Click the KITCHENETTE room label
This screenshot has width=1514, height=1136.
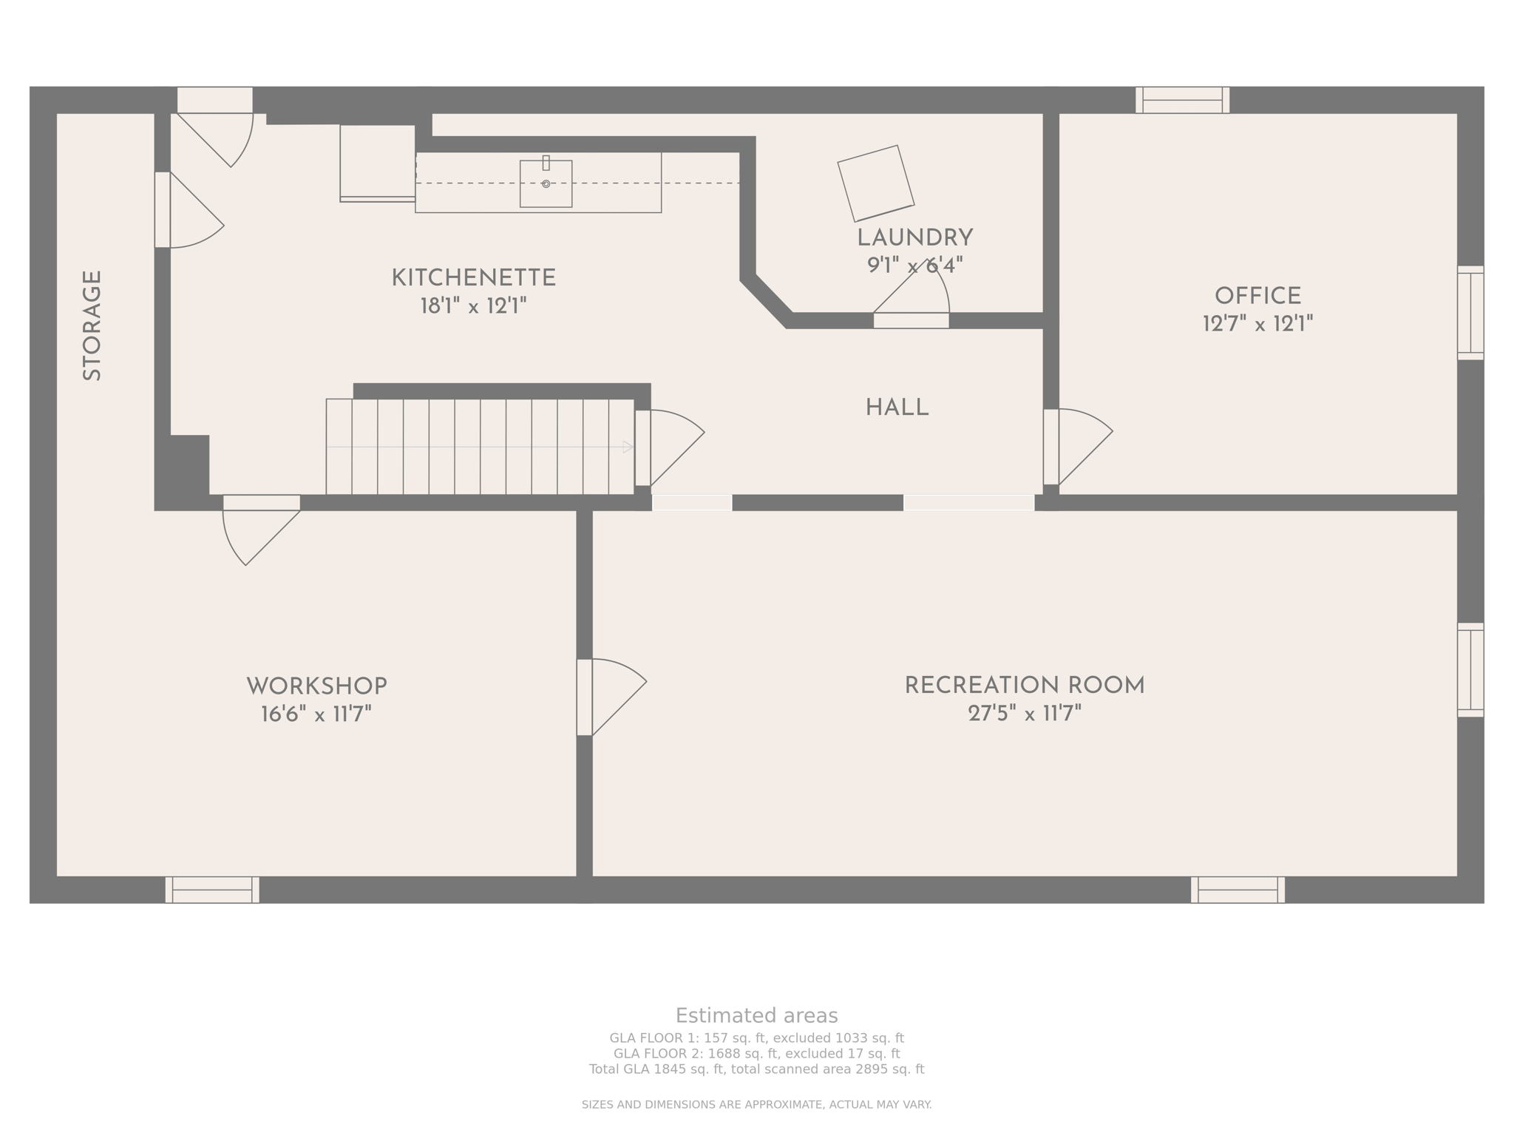tap(473, 279)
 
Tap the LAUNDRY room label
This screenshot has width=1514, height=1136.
tap(914, 238)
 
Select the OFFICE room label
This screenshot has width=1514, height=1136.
tap(1257, 297)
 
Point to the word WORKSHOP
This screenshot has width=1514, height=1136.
tap(316, 686)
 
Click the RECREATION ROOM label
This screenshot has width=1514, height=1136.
tap(1025, 686)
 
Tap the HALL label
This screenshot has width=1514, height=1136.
tap(897, 408)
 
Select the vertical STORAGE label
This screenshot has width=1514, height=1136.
tap(92, 326)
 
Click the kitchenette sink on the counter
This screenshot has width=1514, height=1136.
tap(546, 183)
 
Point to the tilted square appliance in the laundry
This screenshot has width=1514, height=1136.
tap(875, 183)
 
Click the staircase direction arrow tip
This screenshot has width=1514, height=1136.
tap(633, 447)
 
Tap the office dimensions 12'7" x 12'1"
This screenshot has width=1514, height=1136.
tap(1257, 324)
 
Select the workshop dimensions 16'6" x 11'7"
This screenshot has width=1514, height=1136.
tap(316, 714)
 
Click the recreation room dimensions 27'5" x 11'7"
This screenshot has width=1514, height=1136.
tap(1025, 714)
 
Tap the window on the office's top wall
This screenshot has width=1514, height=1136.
tap(1182, 100)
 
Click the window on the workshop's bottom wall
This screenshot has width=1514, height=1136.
tap(212, 890)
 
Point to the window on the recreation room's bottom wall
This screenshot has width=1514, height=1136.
tap(1238, 890)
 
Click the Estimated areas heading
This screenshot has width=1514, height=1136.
tap(756, 1015)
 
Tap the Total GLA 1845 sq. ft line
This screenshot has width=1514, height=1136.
tap(756, 1069)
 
